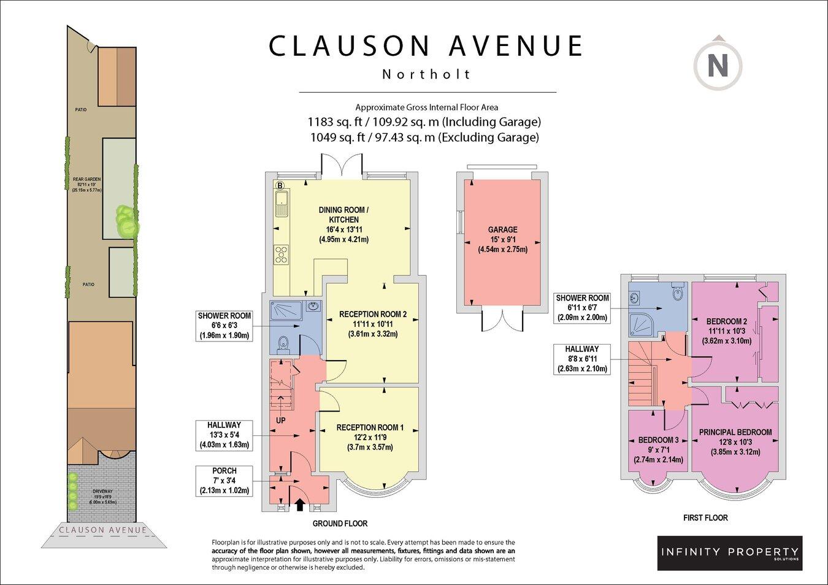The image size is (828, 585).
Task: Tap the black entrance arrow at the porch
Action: pos(300,505)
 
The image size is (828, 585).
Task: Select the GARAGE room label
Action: pos(502,230)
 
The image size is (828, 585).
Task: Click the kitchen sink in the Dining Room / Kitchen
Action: pos(282,203)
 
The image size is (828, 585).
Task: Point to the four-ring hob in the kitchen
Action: pos(282,254)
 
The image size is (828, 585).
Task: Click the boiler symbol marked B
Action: pos(280,185)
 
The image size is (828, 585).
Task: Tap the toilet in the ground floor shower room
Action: pos(283,345)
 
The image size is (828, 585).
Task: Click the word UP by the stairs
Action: pos(281,421)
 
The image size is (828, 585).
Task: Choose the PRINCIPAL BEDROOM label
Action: pos(735,432)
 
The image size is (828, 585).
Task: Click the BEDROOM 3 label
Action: pos(658,440)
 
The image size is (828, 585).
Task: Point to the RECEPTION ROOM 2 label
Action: pos(373,315)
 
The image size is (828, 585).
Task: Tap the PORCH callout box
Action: pos(224,481)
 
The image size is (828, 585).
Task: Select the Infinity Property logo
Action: pos(729,552)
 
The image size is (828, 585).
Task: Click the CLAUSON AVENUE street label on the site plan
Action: pos(102,530)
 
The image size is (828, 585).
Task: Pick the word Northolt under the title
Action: pos(427,74)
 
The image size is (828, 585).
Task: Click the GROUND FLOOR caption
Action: pos(340,524)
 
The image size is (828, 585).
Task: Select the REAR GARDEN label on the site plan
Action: pos(86,180)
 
